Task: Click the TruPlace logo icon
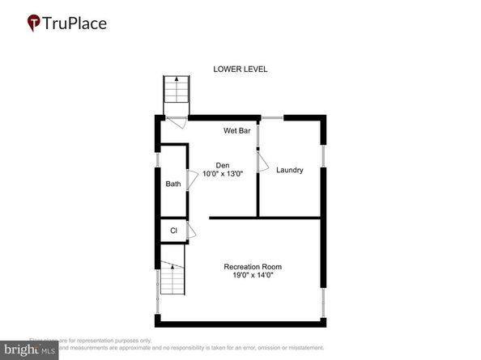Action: (34, 23)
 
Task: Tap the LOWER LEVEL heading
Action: (240, 70)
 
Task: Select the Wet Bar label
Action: (237, 130)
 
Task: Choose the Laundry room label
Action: (289, 170)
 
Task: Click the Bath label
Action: (173, 184)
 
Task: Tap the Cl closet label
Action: (173, 231)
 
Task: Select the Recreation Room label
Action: (253, 267)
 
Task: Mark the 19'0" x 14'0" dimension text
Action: (253, 276)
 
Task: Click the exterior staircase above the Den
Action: (175, 95)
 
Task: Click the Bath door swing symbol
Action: (194, 180)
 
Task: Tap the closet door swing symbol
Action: (192, 231)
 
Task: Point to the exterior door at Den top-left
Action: (173, 123)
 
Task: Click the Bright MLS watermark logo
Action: (29, 350)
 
